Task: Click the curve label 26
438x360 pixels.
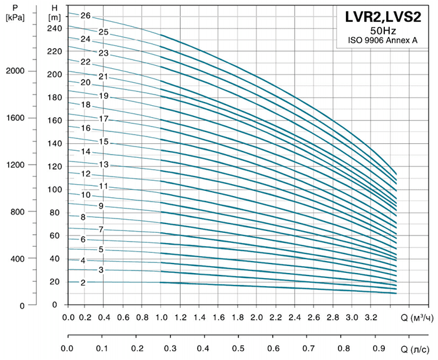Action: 86,16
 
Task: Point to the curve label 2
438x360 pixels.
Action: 83,282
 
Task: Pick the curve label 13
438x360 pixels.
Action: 104,165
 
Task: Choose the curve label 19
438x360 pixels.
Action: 104,96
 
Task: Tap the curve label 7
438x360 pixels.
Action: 100,230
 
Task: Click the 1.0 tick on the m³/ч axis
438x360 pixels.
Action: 162,317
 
